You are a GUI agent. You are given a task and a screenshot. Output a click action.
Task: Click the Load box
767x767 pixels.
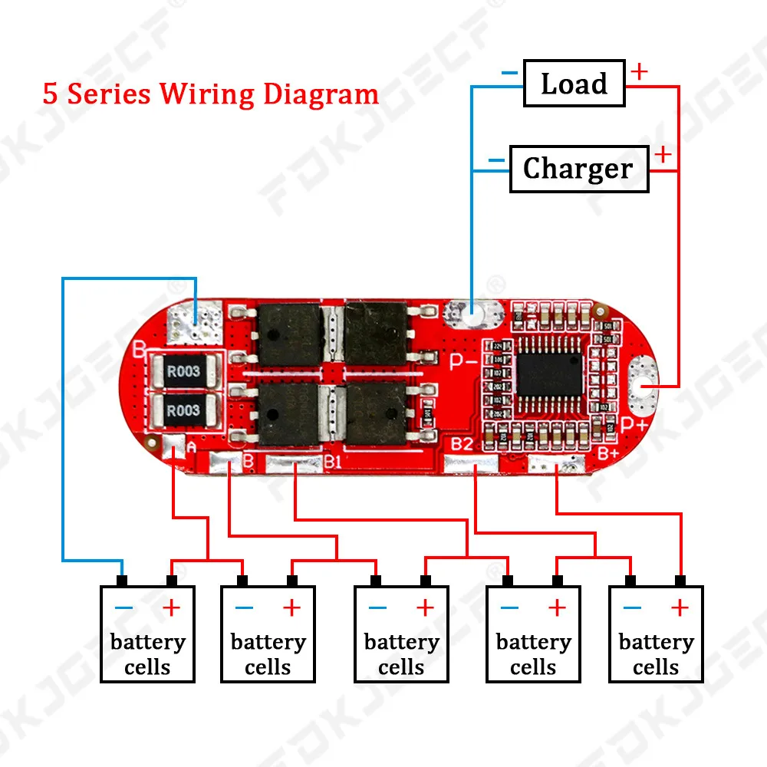point(574,84)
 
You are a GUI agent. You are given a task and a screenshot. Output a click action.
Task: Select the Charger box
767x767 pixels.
point(578,169)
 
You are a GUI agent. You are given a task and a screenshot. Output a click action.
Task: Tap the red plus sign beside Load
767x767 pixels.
point(638,72)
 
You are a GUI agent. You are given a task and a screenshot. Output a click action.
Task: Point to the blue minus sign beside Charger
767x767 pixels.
point(496,161)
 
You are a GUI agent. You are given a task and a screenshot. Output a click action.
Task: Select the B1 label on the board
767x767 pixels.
point(332,461)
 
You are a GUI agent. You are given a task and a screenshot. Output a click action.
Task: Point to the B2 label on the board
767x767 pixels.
point(461,443)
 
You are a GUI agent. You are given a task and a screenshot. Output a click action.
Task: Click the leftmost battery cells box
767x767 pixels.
point(147,634)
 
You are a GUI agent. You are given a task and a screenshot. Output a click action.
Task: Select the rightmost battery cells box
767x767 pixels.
point(656,634)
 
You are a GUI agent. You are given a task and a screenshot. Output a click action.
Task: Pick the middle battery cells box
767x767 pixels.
point(401,634)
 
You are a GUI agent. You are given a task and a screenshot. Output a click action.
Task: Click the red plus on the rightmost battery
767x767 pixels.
point(680,608)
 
